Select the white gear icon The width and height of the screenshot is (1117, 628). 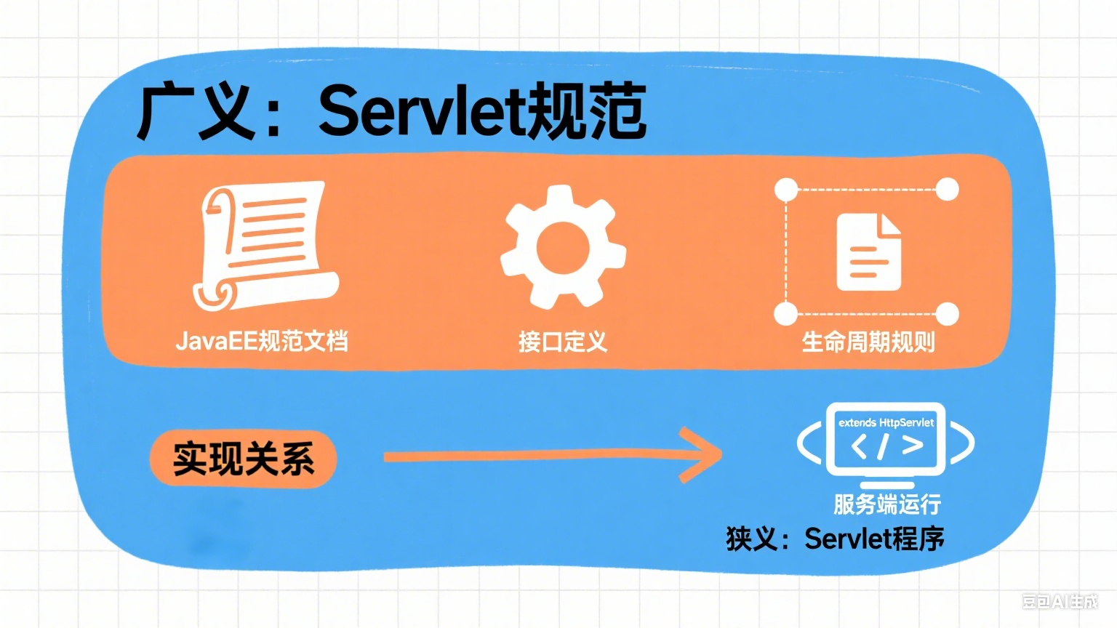click(x=562, y=246)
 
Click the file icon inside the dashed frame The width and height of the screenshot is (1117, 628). click(x=868, y=251)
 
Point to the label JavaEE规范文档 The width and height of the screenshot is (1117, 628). click(x=262, y=340)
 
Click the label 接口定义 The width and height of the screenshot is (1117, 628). click(x=562, y=341)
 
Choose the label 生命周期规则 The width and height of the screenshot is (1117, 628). click(x=868, y=341)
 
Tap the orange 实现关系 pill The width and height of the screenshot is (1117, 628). click(x=243, y=459)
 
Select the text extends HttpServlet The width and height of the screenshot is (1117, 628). click(x=886, y=422)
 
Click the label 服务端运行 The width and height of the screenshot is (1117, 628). click(x=887, y=504)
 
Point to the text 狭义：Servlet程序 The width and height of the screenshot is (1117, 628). click(x=835, y=539)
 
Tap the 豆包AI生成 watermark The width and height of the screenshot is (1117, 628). click(x=1060, y=601)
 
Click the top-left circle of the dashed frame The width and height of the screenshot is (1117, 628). click(x=786, y=190)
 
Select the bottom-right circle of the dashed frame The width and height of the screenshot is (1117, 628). click(x=947, y=314)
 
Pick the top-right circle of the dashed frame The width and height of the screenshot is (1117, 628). click(x=947, y=190)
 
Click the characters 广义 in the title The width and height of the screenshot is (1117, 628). click(x=196, y=111)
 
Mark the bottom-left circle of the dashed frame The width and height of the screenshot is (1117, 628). click(x=786, y=314)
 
